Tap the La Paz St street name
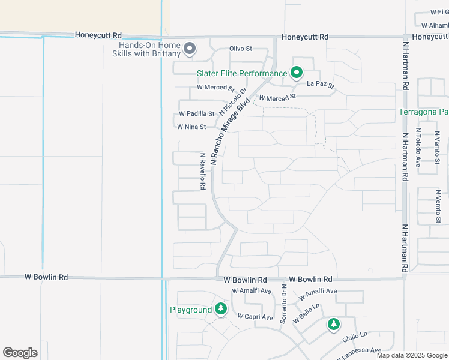click(320, 85)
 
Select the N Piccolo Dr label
click(234, 102)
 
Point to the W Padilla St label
click(196, 113)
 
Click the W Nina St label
click(191, 127)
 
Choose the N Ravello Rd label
click(203, 171)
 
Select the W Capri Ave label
click(255, 316)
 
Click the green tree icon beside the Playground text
click(221, 309)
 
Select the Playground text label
click(191, 310)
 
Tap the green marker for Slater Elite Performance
click(297, 73)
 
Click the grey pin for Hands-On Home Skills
click(190, 49)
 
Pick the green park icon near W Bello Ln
click(334, 324)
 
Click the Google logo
click(20, 353)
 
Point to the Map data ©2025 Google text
click(411, 355)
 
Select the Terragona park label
click(424, 112)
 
